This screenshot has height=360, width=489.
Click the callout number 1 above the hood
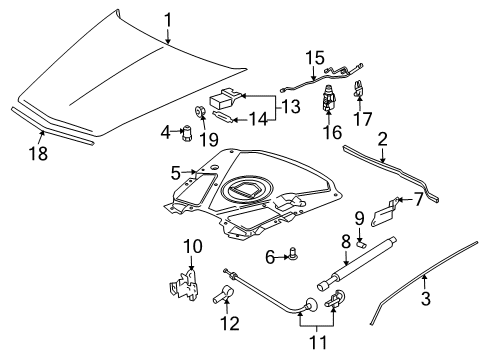tap(168, 18)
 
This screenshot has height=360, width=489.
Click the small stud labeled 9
tap(362, 241)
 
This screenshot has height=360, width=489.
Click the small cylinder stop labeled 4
tap(185, 131)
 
